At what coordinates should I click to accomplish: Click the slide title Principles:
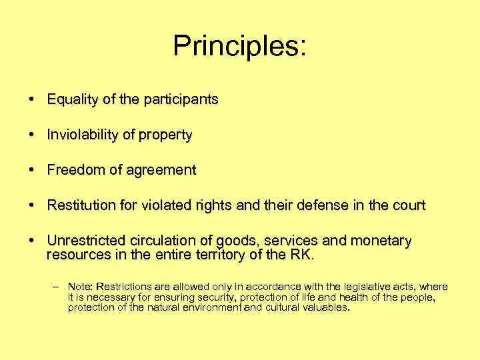coord(240,45)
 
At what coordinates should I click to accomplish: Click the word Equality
coord(71,100)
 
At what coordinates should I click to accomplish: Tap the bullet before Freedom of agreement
coord(32,171)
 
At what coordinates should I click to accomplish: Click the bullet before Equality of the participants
coord(32,100)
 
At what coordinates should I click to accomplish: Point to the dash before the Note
coord(56,287)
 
